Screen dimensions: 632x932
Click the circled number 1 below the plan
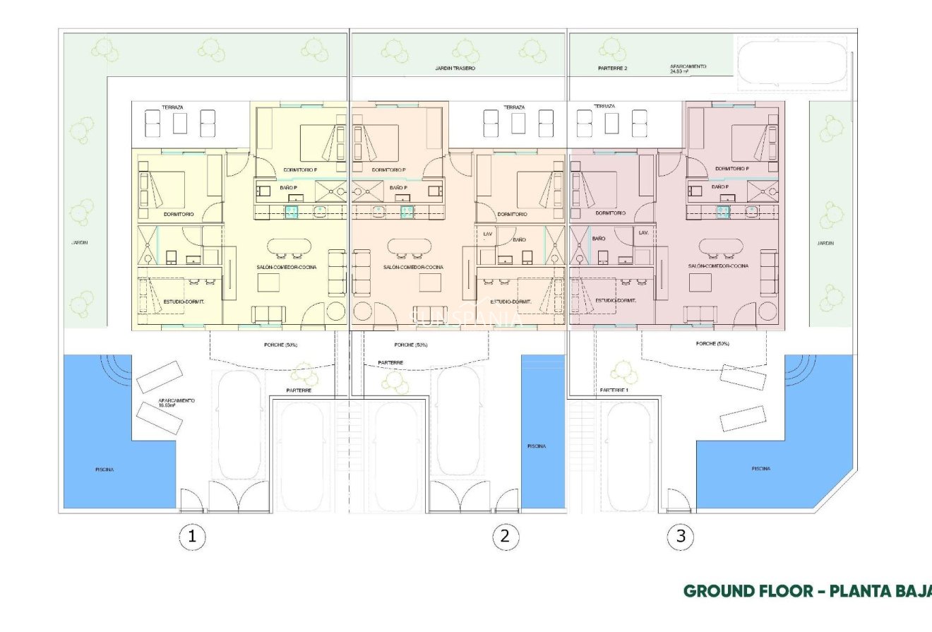(x=192, y=537)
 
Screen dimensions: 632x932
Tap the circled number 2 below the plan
(x=504, y=537)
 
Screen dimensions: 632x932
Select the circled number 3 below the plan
(x=681, y=537)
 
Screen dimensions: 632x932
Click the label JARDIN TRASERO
(x=455, y=68)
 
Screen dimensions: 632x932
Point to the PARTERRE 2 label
(x=612, y=68)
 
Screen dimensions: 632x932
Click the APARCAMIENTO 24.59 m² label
(x=689, y=68)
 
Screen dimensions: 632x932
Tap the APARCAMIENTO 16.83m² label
(x=177, y=403)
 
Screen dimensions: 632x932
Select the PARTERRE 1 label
(x=614, y=390)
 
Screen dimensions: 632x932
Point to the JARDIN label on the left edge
(x=78, y=242)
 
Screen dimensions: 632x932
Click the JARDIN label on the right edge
(x=825, y=242)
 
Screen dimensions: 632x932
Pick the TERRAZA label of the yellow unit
(x=172, y=107)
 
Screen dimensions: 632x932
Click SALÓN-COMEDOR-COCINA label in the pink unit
(x=718, y=266)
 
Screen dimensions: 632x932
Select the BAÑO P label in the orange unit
(x=398, y=187)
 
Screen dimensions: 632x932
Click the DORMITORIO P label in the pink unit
(x=731, y=169)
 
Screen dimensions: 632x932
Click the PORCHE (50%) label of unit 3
(x=712, y=344)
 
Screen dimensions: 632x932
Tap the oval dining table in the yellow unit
(x=289, y=247)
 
